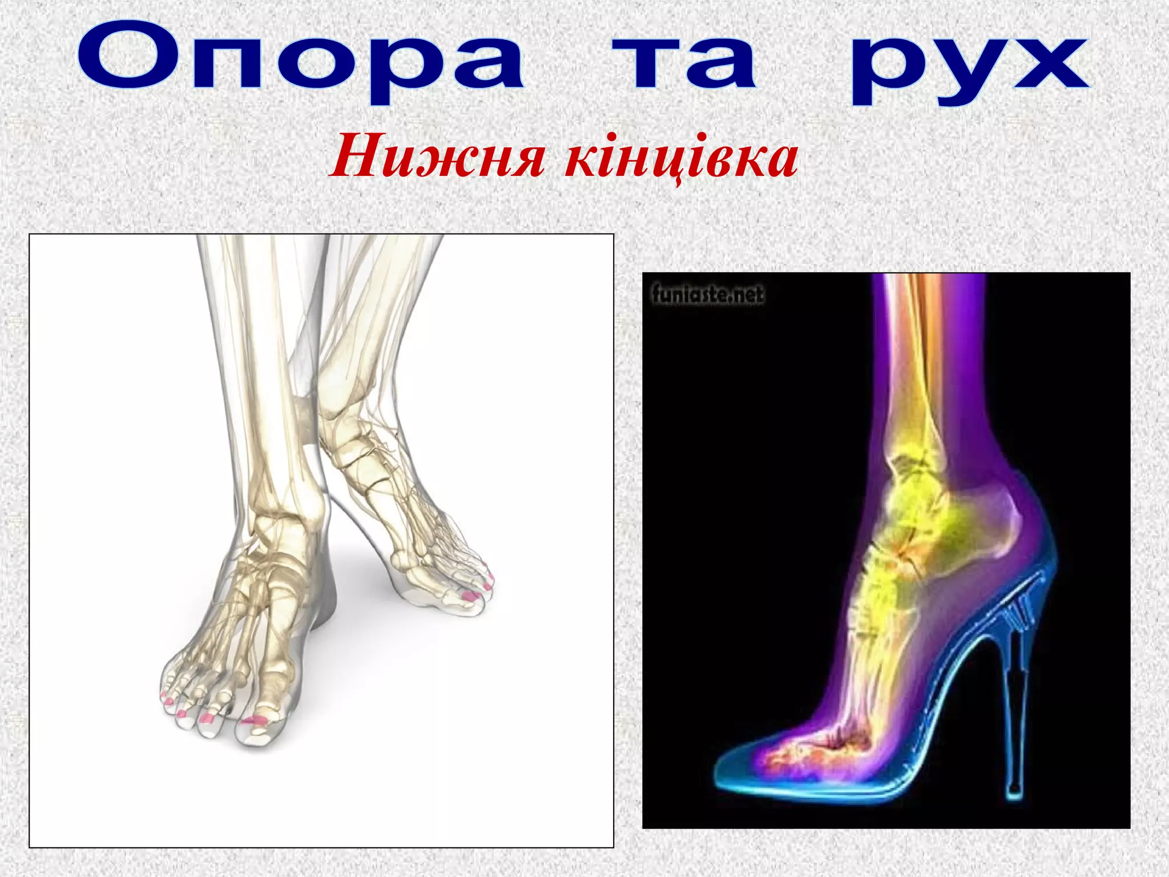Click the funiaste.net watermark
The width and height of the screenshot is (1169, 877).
(707, 295)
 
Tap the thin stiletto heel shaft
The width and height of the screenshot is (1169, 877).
(1013, 714)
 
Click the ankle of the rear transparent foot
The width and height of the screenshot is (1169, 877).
(342, 423)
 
